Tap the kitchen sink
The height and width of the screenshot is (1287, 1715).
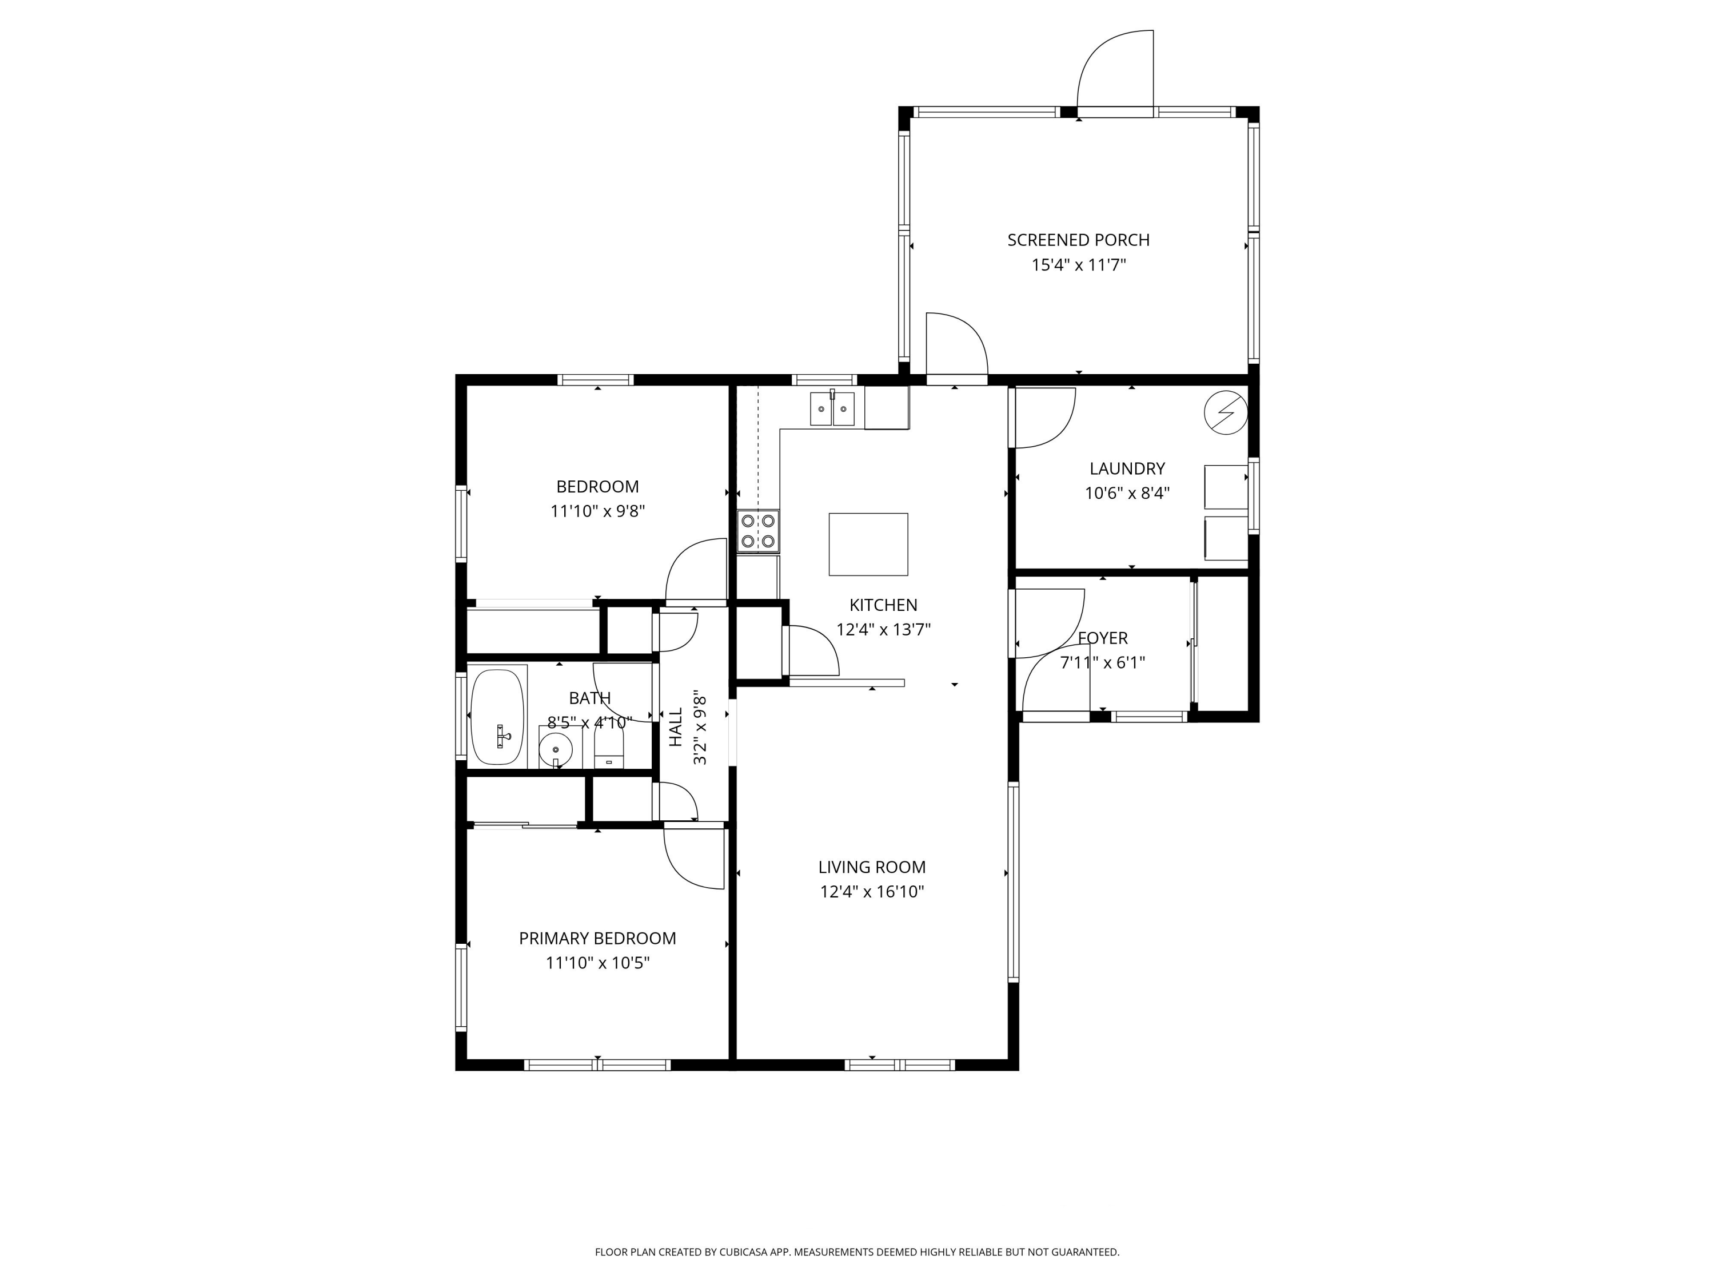pos(832,409)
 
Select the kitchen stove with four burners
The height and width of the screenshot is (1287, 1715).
pos(758,531)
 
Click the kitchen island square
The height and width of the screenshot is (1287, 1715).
pos(868,544)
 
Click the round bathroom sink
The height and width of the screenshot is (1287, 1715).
pos(556,749)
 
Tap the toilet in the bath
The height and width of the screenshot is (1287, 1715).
pos(609,750)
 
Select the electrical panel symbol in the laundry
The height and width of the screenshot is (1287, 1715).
pos(1226,413)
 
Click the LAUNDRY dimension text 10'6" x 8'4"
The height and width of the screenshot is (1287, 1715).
pos(1127,492)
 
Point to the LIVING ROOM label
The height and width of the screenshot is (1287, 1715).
pos(872,867)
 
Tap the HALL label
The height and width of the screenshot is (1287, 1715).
pos(676,727)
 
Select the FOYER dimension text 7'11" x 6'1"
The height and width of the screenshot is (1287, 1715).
pos(1103,662)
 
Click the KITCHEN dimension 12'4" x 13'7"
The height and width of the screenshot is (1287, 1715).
pos(883,629)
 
